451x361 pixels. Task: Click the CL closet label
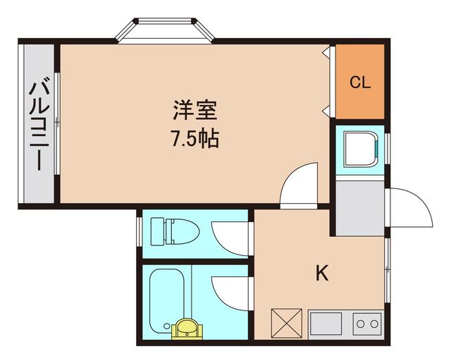pos(360,82)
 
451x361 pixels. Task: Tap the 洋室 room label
pos(194,111)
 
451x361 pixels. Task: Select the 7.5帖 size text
pos(194,138)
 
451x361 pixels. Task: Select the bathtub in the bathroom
pos(167,295)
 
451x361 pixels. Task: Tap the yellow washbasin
pos(185,329)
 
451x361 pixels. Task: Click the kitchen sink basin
pos(325,324)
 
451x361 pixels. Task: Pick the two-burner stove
pos(366,324)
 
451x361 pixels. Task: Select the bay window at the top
pos(165,32)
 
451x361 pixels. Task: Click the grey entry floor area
pos(359,208)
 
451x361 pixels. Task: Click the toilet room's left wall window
pos(140,231)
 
